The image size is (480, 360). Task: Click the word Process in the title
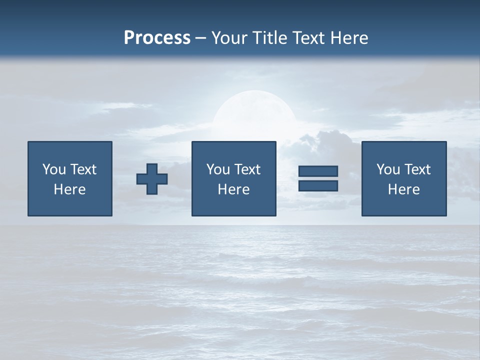pyautogui.click(x=157, y=38)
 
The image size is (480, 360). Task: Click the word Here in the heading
pyautogui.click(x=350, y=38)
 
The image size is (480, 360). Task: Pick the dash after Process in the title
pyautogui.click(x=201, y=38)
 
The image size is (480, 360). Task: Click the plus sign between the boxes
pyautogui.click(x=152, y=179)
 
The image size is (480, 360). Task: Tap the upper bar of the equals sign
pyautogui.click(x=318, y=171)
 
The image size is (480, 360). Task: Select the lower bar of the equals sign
pyautogui.click(x=318, y=186)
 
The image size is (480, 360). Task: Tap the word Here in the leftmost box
pyautogui.click(x=69, y=189)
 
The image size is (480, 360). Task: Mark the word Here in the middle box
pyautogui.click(x=233, y=189)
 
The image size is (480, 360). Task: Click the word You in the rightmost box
pyautogui.click(x=388, y=169)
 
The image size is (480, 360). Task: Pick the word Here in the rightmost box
pyautogui.click(x=403, y=189)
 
